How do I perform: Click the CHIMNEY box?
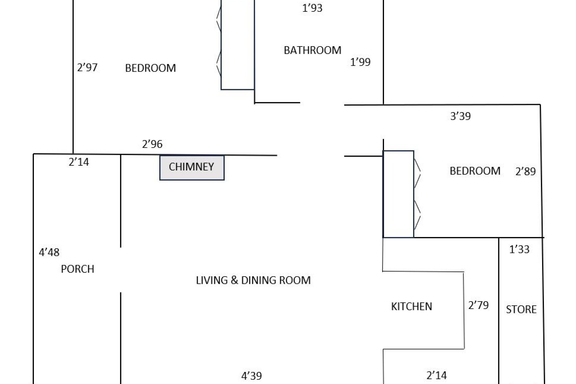192,168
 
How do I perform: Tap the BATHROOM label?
312,50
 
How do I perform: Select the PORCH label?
77,269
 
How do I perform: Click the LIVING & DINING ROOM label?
253,280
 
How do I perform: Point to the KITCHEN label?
412,306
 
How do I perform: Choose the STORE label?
521,309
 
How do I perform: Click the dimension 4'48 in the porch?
49,252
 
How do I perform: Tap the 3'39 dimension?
460,116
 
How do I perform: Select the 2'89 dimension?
526,171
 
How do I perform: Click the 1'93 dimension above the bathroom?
312,8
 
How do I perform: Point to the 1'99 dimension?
360,62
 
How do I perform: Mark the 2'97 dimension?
87,67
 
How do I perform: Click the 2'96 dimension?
152,144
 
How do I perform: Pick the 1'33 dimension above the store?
519,249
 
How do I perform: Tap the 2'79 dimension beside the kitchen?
478,305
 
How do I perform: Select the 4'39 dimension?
252,376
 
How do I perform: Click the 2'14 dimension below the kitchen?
436,375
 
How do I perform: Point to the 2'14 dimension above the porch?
79,162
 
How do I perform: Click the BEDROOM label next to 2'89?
475,171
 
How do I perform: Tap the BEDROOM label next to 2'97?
150,68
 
